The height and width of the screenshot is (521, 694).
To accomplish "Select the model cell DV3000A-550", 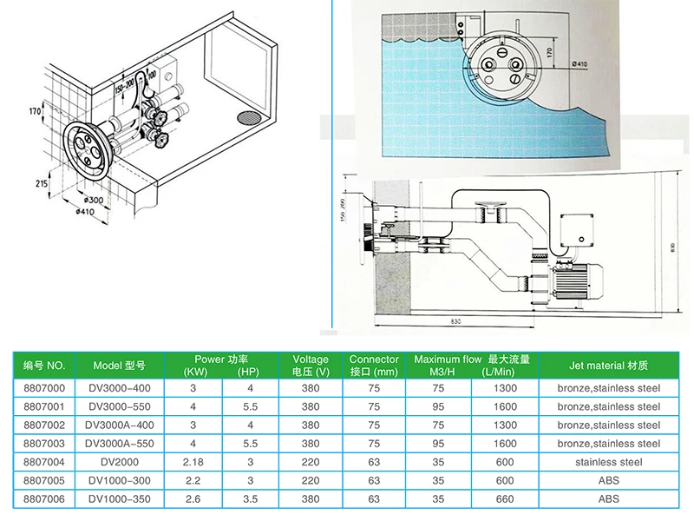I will tap(121, 442).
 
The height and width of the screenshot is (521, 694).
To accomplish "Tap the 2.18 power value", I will tap(192, 462).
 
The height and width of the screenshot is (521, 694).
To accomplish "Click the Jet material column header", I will tap(607, 366).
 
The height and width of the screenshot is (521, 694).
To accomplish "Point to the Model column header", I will tap(121, 366).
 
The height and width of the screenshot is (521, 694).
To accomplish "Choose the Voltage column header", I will tap(311, 366).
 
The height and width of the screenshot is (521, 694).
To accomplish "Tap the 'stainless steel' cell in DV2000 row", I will tap(607, 462).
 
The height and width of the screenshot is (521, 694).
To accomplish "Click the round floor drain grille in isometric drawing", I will tap(248, 117).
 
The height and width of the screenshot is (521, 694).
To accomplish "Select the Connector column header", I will tap(374, 366).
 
